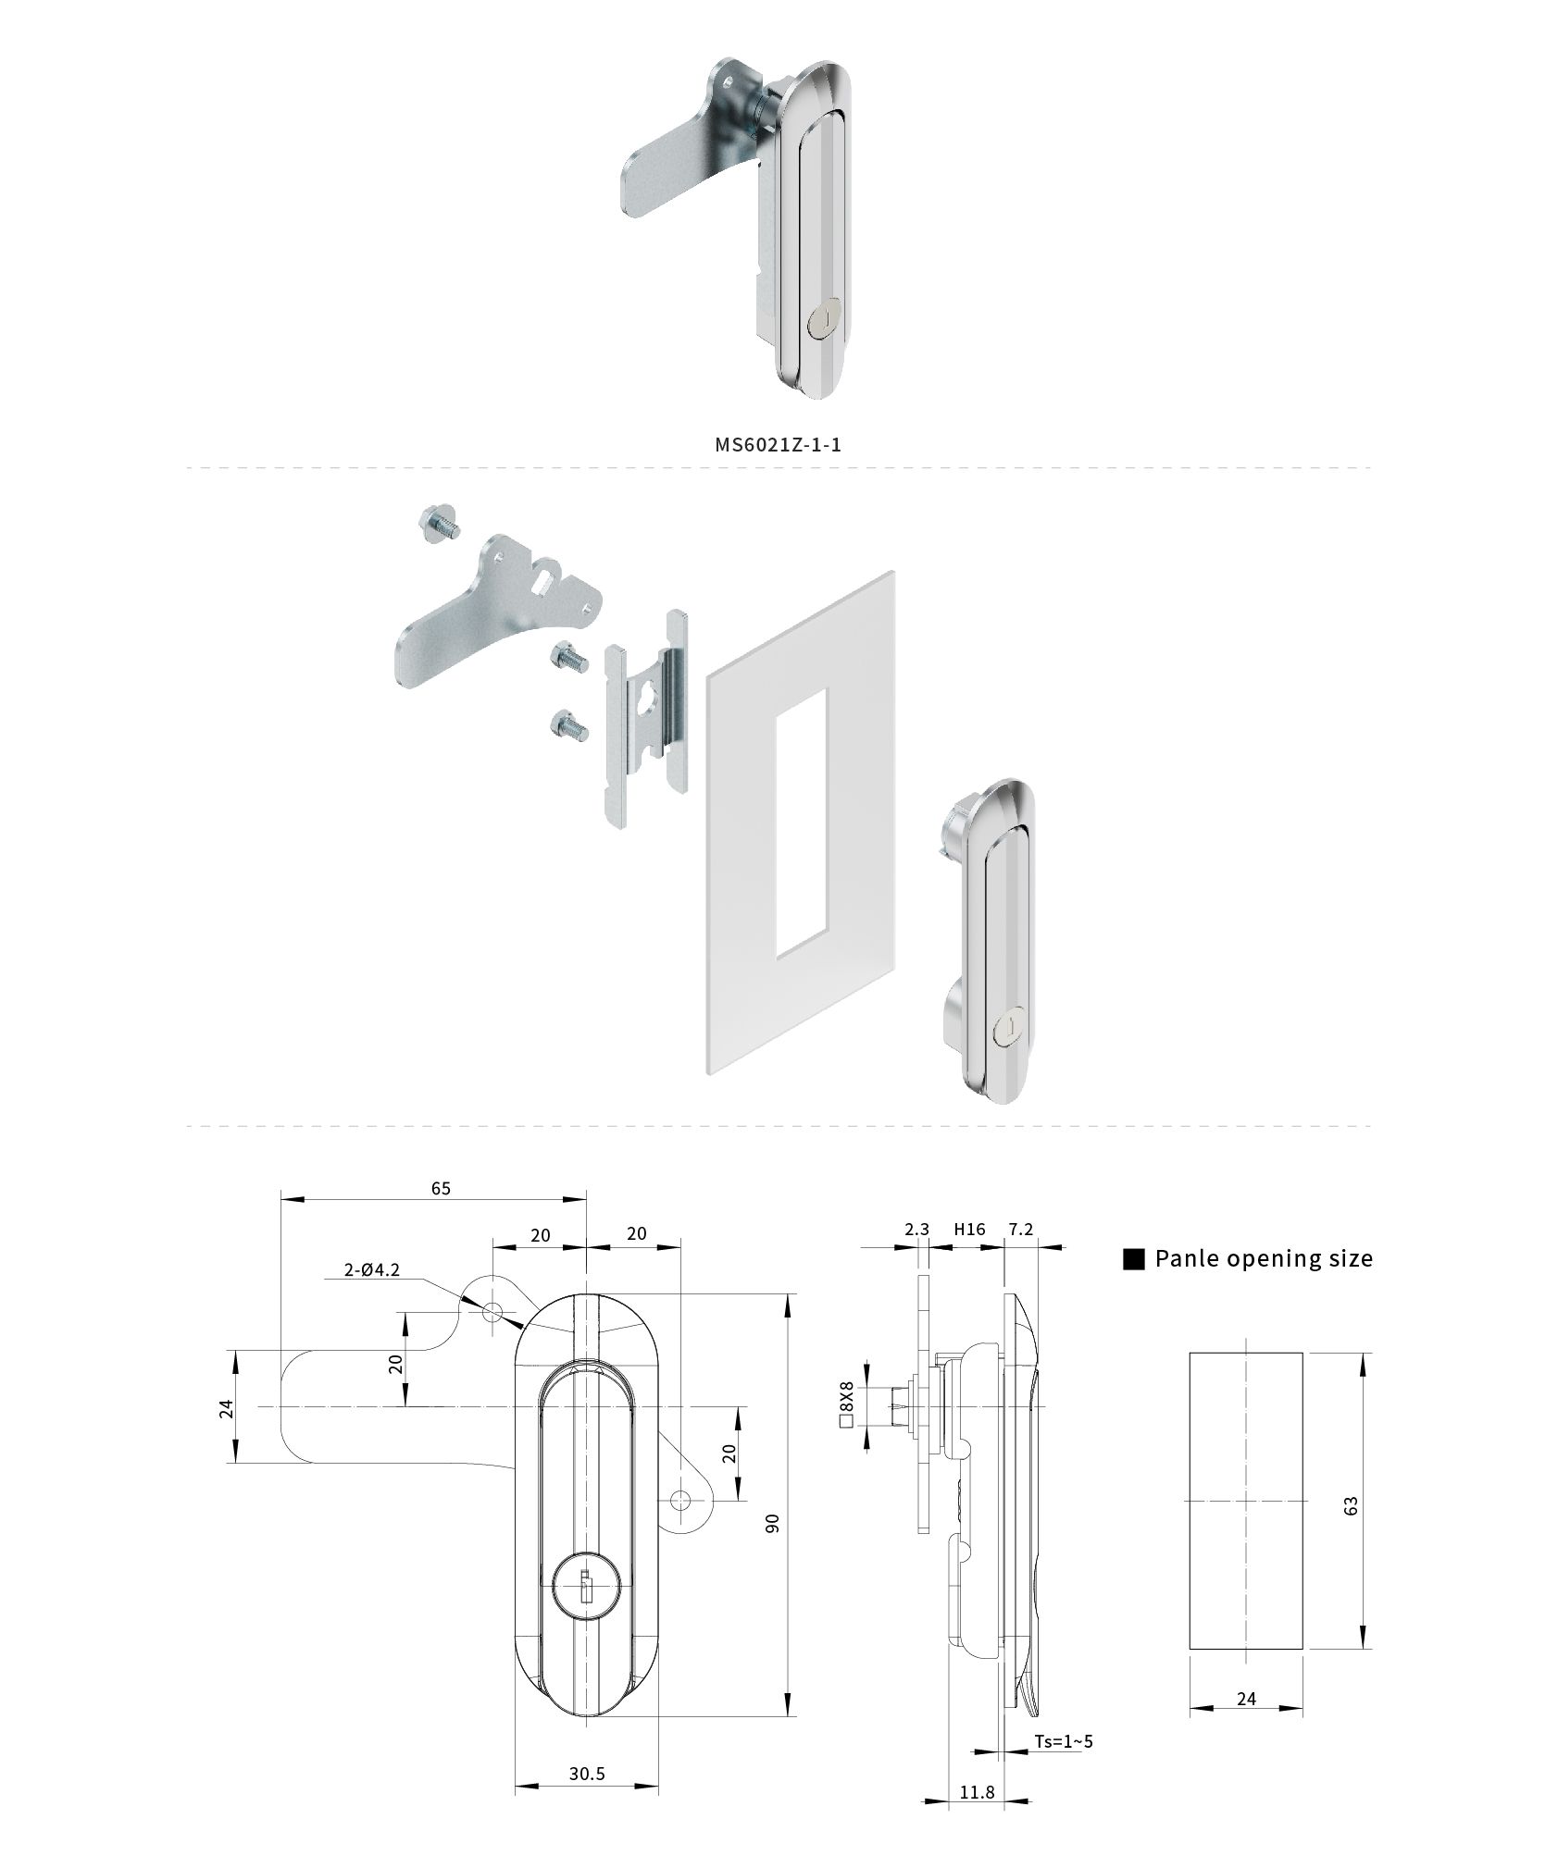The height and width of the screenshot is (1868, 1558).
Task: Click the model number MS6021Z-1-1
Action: point(778,444)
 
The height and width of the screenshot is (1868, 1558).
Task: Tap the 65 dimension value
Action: point(441,1188)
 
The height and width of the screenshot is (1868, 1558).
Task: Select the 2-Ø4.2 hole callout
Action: point(372,1270)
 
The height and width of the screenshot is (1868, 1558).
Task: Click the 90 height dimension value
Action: point(773,1523)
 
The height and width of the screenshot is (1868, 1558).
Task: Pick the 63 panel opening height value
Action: point(1351,1505)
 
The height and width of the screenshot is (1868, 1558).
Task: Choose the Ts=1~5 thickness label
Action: point(1064,1741)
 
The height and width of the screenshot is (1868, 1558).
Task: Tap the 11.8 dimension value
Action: point(977,1792)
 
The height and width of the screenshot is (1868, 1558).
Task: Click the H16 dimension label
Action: point(969,1230)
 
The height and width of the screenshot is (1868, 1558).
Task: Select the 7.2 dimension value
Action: point(1021,1230)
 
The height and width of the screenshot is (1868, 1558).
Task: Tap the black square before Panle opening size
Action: point(1134,1259)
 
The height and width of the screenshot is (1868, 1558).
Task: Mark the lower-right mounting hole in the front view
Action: point(682,1499)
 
